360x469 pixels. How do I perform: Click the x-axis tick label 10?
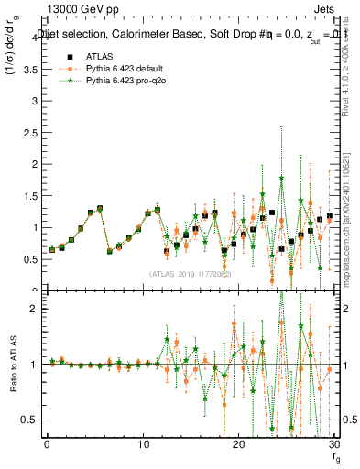[x=143, y=444]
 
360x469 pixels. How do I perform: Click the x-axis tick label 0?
[x=47, y=444]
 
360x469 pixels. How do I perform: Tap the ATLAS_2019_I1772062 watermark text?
[x=190, y=274]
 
